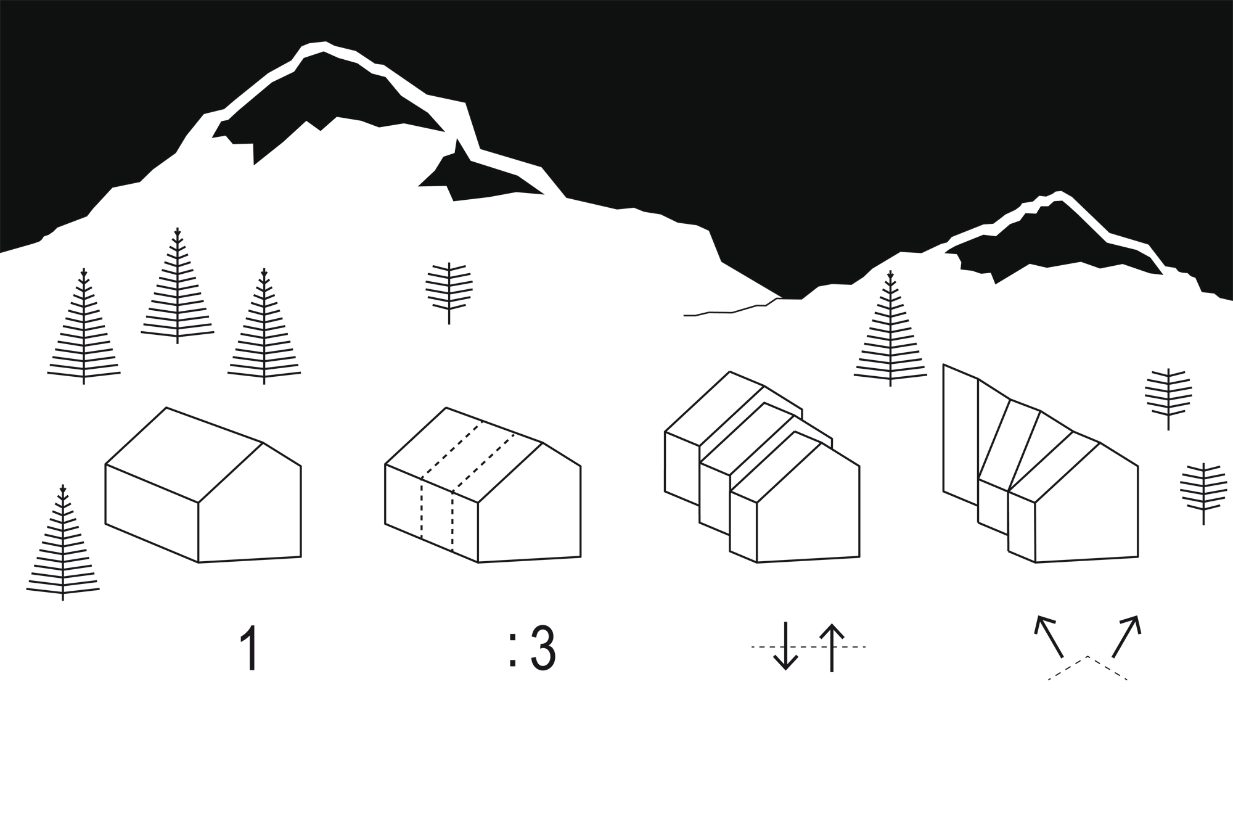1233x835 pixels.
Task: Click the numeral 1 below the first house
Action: (x=249, y=648)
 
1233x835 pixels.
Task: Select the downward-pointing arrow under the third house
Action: (x=785, y=646)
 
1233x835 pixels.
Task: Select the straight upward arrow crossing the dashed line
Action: (x=832, y=648)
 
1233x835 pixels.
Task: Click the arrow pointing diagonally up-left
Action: (x=1049, y=636)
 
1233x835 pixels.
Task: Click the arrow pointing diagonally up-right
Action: (x=1126, y=636)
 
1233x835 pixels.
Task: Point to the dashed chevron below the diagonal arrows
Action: (x=1088, y=666)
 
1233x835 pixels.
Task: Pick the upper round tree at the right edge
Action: (x=1168, y=395)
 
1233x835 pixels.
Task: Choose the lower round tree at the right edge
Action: (x=1203, y=490)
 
